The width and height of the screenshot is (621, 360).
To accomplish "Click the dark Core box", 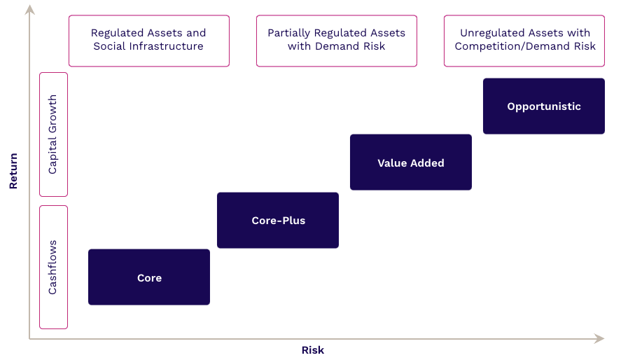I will coord(149,277).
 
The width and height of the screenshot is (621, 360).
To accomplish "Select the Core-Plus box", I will coord(278,221).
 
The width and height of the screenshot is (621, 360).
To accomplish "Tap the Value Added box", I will coord(411,162).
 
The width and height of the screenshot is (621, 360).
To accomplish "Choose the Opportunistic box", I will coord(544,106).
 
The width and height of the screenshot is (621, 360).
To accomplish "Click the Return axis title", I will coord(13,172).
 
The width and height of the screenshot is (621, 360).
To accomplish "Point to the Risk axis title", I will coord(313,350).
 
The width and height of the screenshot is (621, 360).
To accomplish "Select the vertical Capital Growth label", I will coord(53,134).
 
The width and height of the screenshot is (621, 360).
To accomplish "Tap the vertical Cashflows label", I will coord(53,267).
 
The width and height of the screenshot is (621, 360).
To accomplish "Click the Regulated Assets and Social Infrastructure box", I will coord(148,41).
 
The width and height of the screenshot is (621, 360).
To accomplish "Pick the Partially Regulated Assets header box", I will coord(336,41).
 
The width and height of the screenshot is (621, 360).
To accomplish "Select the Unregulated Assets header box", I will coord(524,41).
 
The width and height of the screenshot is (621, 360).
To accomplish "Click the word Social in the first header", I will coord(109,47).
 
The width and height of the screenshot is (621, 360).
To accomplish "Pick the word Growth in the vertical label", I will coord(53,116).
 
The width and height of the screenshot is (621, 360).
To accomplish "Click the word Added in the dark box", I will coord(427,162).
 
